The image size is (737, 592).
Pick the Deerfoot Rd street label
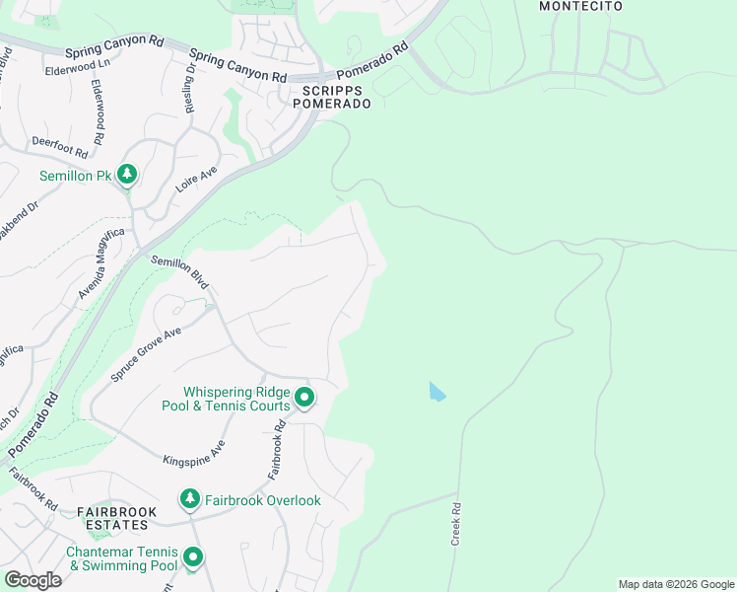point(60,147)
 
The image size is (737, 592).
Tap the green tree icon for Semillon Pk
point(126,175)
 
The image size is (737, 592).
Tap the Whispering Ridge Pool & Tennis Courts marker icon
point(304,398)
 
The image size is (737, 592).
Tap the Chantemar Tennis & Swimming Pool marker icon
point(193,558)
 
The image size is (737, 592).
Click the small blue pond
point(436,392)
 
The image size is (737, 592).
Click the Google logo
point(33,580)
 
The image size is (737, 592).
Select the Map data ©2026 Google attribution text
point(675,584)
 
